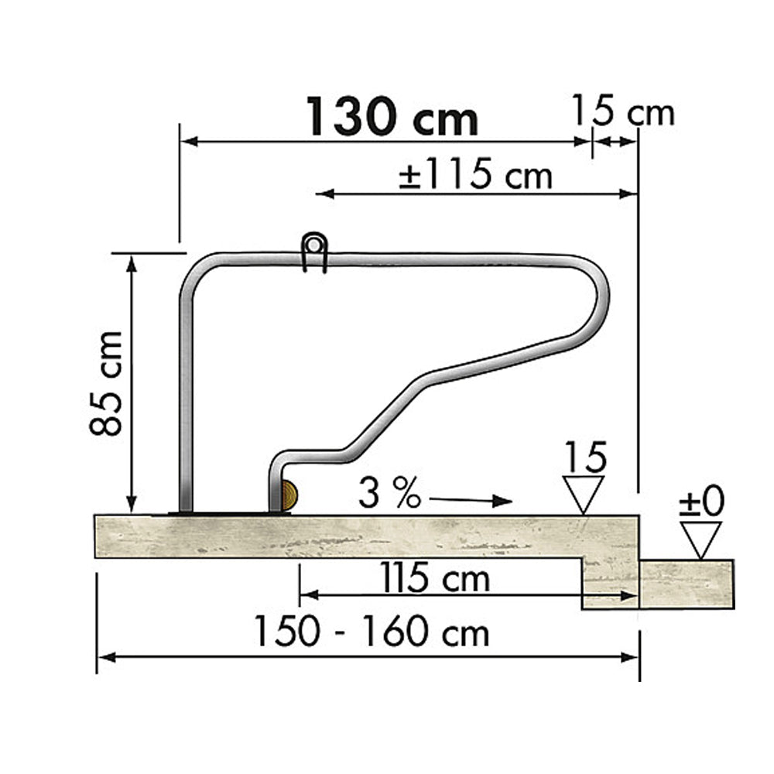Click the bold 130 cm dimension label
pos(392,117)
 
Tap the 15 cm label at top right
pos(622,111)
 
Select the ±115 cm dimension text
pos(476,176)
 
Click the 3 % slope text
pos(389,494)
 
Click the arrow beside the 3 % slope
pos(471,500)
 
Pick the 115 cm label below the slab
pos(434,577)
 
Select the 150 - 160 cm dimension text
pos(372,632)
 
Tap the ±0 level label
pos(701,502)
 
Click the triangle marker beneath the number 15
pos(584,494)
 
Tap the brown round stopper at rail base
pos(288,495)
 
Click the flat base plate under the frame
pos(224,512)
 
